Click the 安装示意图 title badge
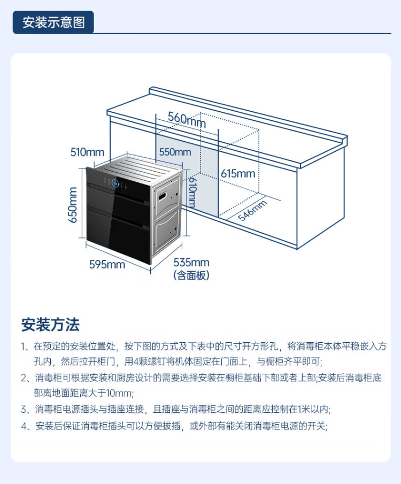tap(53, 22)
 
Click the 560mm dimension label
tap(187, 119)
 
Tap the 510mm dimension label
tap(87, 152)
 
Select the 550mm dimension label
tap(175, 152)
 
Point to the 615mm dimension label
tap(238, 173)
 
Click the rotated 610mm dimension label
tap(192, 191)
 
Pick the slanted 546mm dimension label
tap(252, 210)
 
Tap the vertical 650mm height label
tap(73, 205)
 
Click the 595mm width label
tap(107, 265)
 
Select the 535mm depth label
tap(191, 263)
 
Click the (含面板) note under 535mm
tap(191, 275)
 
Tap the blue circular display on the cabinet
tap(115, 183)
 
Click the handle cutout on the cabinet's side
tap(163, 195)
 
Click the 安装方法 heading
tap(50, 325)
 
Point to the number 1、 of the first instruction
tap(27, 347)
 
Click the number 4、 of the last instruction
tap(27, 426)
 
